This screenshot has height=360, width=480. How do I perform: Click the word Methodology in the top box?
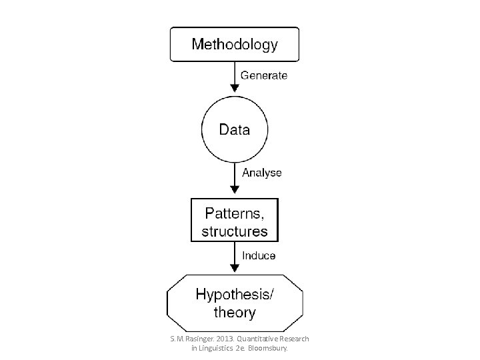coord(235,45)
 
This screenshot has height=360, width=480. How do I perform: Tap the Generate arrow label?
coord(264,75)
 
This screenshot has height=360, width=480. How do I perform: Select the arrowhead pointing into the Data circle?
coord(235,88)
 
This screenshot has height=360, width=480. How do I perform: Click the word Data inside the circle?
coord(235,129)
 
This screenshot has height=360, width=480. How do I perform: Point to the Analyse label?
coord(262,173)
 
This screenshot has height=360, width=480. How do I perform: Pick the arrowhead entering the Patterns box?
coord(235,189)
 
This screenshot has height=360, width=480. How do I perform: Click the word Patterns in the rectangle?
coord(233,213)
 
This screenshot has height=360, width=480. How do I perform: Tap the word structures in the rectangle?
coord(235,231)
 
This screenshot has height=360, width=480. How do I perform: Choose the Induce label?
coord(259,255)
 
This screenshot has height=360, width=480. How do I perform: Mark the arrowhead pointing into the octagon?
coord(235,268)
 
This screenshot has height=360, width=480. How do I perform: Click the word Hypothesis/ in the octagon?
coord(235,295)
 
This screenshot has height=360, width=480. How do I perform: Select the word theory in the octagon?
coord(235,313)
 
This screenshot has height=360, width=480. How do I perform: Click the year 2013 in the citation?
coord(225,339)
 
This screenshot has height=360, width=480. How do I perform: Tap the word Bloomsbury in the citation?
coord(268,349)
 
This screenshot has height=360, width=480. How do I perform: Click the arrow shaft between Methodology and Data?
coord(235,73)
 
